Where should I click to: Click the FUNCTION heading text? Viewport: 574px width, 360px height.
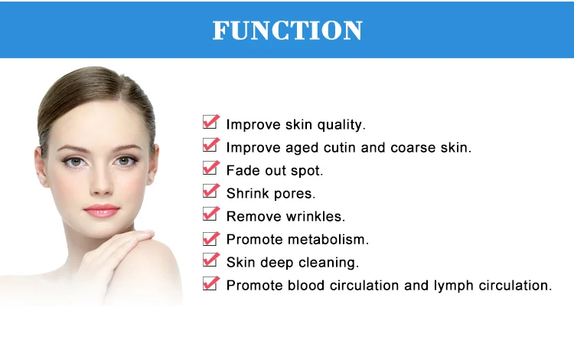pos(287,30)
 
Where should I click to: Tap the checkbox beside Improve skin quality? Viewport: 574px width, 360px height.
pos(210,123)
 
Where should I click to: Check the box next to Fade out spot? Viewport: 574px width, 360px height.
pos(210,169)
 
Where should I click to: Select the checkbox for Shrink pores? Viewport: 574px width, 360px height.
pos(210,192)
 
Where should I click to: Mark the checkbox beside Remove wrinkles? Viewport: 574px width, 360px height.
pos(210,215)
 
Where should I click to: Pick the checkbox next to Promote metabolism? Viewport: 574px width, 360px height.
pos(210,238)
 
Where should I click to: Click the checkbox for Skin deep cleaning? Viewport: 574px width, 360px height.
pos(210,261)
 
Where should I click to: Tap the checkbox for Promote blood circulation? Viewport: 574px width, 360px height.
pos(210,284)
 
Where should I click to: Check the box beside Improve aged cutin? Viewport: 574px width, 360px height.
pos(210,146)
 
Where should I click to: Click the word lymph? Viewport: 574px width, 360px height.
pos(455,286)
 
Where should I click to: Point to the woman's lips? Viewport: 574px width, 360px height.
pos(101,210)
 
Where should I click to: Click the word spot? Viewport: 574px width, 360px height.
pos(307,171)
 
